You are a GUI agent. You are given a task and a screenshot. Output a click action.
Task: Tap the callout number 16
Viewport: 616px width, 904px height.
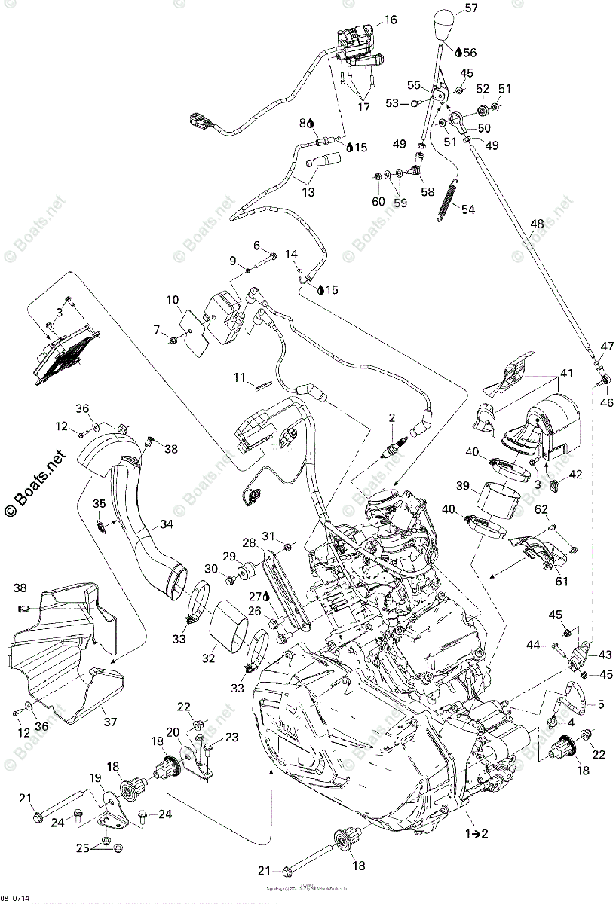tap(389, 20)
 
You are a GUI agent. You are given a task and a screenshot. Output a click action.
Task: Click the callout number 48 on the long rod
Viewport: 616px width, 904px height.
tap(536, 224)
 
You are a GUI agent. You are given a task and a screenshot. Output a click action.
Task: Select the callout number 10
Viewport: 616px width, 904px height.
tap(173, 300)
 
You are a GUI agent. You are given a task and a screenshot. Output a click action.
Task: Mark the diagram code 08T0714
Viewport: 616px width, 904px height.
tap(16, 899)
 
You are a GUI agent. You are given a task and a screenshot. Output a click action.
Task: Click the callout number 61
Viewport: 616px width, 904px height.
tap(562, 581)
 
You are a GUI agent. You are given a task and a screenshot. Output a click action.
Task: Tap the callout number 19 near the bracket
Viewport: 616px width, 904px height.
tap(95, 778)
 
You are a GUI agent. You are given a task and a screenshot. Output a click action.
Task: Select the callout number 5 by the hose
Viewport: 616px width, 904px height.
tap(601, 705)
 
